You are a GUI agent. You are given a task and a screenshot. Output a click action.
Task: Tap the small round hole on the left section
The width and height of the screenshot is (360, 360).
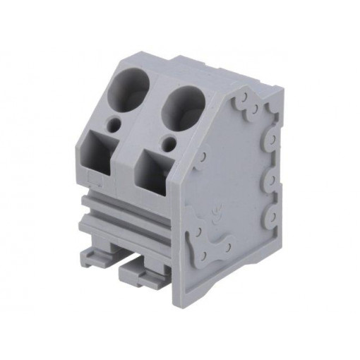click(x=115, y=127)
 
